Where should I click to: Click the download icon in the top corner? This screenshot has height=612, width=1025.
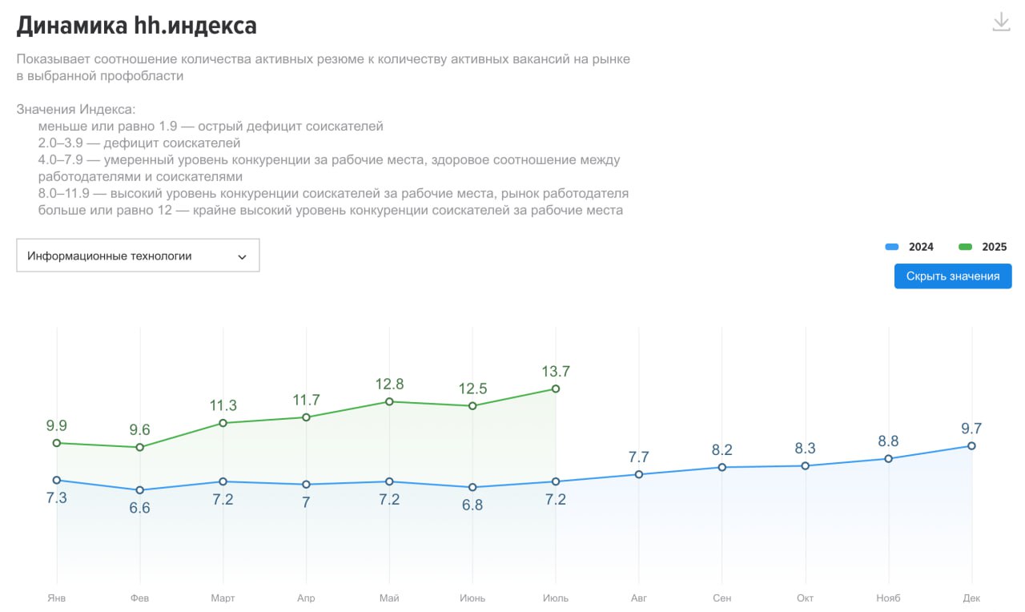tap(1001, 22)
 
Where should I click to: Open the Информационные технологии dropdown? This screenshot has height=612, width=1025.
tap(138, 256)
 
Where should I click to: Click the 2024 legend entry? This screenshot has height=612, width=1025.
tap(910, 247)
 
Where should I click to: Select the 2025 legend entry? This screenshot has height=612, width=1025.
tap(983, 247)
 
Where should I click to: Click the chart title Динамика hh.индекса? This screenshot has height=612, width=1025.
tap(136, 26)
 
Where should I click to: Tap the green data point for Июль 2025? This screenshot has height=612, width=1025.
tap(556, 389)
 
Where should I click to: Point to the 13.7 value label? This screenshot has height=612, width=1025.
tap(556, 371)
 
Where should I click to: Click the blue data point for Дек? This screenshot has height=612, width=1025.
tap(971, 445)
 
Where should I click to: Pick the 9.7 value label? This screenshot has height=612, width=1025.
tap(971, 428)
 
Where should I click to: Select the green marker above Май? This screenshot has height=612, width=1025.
tap(389, 401)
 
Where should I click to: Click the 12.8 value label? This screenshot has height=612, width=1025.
tap(389, 384)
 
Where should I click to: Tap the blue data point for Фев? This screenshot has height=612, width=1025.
tap(140, 489)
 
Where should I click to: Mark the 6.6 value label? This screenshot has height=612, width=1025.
tap(140, 508)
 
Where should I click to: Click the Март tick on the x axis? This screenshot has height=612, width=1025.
tap(223, 598)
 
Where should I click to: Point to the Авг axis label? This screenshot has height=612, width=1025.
tap(639, 598)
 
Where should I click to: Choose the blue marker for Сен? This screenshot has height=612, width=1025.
tap(722, 467)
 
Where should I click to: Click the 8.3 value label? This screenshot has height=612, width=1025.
tap(806, 449)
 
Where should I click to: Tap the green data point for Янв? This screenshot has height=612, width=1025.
tap(57, 443)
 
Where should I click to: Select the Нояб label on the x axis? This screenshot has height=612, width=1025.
tap(888, 598)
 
